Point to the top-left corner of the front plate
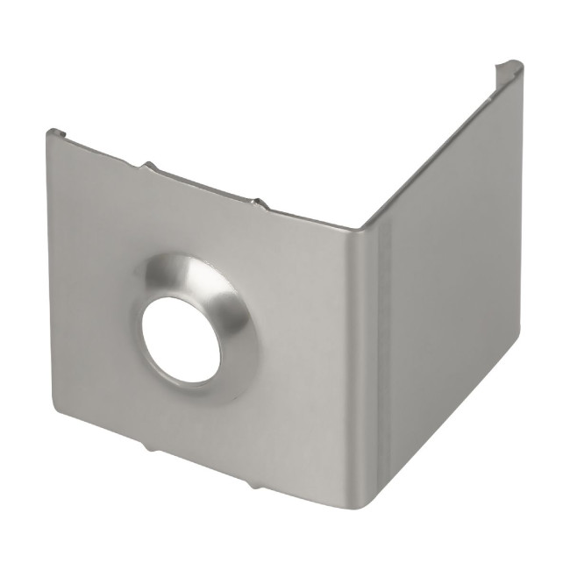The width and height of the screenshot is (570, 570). click(x=49, y=133)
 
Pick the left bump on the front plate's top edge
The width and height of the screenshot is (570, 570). click(x=149, y=165)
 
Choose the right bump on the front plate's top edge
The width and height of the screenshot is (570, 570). click(x=259, y=203)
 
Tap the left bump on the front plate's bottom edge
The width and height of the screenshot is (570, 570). click(x=149, y=448)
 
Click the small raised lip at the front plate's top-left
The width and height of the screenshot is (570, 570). click(x=56, y=132)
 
